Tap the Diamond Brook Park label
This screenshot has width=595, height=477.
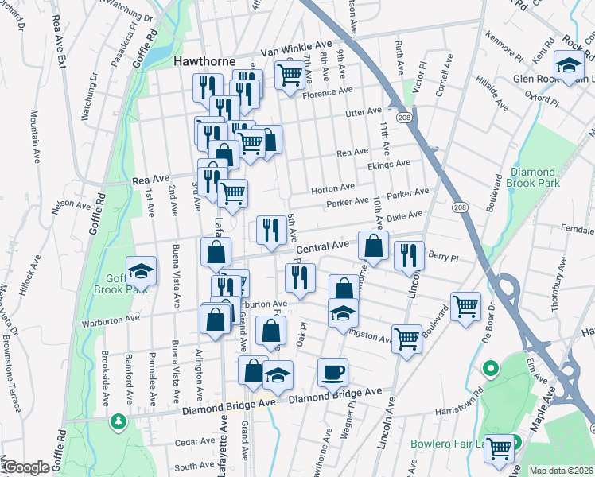pyautogui.click(x=535, y=177)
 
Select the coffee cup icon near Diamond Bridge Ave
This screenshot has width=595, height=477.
pyautogui.click(x=332, y=371)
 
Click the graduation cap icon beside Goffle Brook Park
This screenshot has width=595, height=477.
pyautogui.click(x=141, y=271)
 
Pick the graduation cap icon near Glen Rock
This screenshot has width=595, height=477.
pyautogui.click(x=569, y=66)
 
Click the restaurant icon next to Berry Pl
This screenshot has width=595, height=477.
pyautogui.click(x=408, y=254)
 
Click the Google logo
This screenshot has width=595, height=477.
pyautogui.click(x=25, y=467)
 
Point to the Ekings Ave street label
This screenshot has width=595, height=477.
pyautogui.click(x=389, y=164)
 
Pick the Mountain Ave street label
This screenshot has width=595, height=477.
pyautogui.click(x=36, y=137)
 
